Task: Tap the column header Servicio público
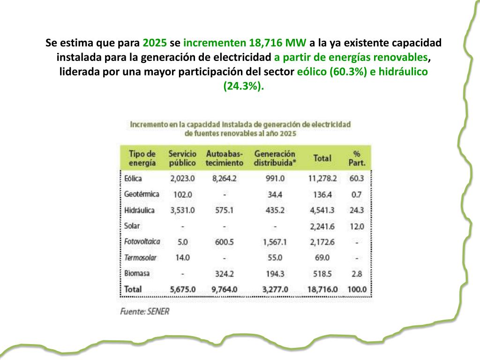[x=182, y=158]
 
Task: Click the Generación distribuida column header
[x=275, y=158]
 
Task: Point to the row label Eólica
[x=133, y=179]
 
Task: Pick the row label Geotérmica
[x=142, y=194]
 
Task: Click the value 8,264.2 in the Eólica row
[x=225, y=179]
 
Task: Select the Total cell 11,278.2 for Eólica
[x=322, y=179]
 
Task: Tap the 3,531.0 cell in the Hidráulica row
[x=182, y=210]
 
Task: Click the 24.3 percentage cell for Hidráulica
[x=357, y=210]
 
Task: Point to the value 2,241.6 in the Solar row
[x=322, y=226]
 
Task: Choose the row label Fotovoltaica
[x=142, y=242]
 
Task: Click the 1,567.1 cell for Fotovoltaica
[x=275, y=242]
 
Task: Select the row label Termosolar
[x=141, y=257]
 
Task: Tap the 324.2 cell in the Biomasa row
[x=225, y=273]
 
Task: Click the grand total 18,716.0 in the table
[x=322, y=289]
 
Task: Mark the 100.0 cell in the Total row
[x=357, y=289]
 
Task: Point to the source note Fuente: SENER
[x=145, y=311]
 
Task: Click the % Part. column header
[x=357, y=158]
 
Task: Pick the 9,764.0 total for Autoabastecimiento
[x=225, y=289]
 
